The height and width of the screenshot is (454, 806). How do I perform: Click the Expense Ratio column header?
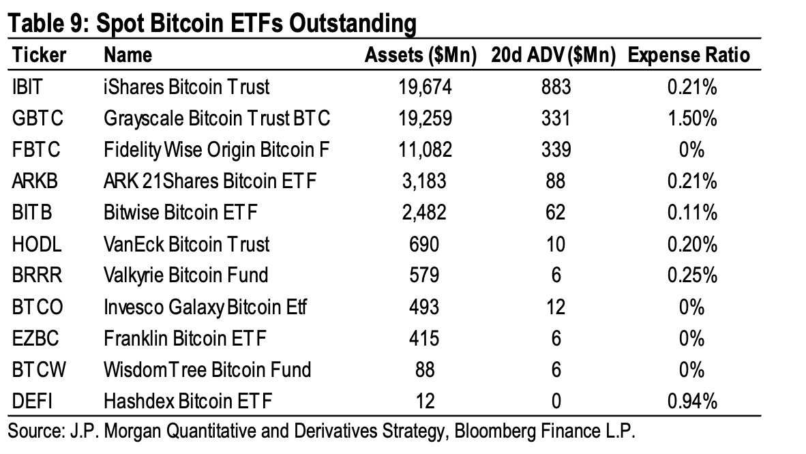[x=689, y=56]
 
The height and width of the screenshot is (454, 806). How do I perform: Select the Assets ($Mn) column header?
[x=420, y=56]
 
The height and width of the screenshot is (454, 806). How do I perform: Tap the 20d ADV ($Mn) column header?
[x=553, y=56]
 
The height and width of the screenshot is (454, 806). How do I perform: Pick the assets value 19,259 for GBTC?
[x=425, y=119]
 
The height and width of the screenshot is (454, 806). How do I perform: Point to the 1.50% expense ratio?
[x=692, y=119]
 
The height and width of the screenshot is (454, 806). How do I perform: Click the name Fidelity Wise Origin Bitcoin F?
[x=216, y=151]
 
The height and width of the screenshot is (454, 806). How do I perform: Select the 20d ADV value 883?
[x=555, y=87]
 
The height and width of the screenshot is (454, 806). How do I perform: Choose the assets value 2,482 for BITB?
[x=425, y=213]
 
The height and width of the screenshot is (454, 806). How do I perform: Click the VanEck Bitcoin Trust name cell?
[x=186, y=244]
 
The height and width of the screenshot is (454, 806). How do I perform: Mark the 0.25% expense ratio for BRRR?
[x=692, y=275]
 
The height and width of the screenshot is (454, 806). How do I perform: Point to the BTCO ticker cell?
[x=38, y=307]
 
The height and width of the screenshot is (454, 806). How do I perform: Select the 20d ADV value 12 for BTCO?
[x=555, y=307]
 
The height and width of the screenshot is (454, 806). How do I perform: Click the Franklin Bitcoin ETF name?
[x=185, y=338]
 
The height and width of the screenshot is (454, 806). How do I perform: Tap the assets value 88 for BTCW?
[x=425, y=369]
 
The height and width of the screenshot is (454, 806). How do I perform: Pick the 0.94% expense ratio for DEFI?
[x=692, y=402]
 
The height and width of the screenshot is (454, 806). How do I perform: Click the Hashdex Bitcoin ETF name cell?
[x=188, y=402]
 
